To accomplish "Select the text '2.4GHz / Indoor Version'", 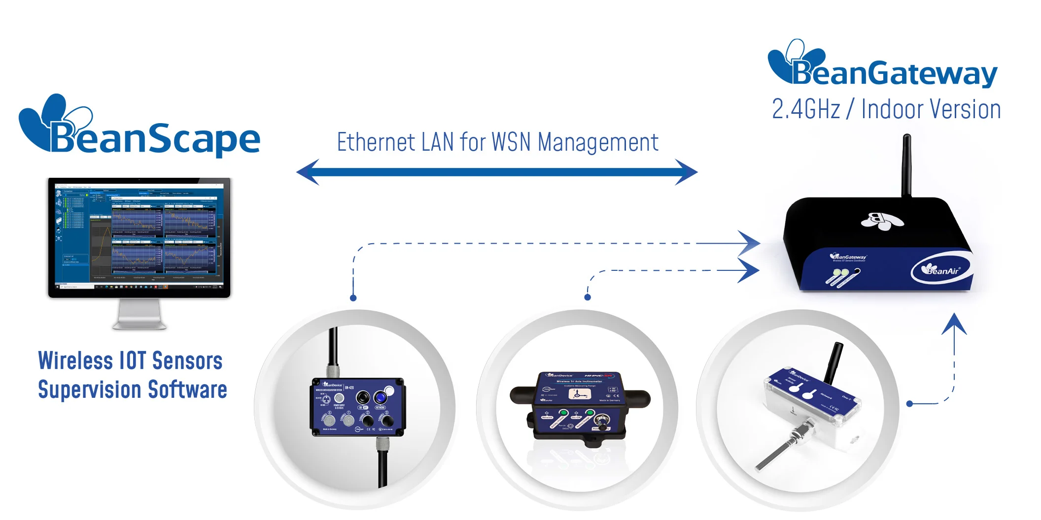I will (x=886, y=109).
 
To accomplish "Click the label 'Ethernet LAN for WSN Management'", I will (x=497, y=143).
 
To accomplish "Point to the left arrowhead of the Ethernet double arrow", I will (x=308, y=172).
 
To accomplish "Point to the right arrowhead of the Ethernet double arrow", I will (x=686, y=172).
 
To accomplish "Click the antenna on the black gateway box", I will (x=906, y=165).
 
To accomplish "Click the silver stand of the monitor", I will (x=139, y=315).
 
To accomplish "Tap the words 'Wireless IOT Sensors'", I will (x=130, y=361).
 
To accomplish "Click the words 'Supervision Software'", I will (x=132, y=390).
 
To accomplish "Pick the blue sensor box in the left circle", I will (x=358, y=407).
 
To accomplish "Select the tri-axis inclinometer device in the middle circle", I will (x=580, y=406).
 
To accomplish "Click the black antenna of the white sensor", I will (x=834, y=363).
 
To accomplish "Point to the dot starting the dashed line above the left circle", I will (x=353, y=298).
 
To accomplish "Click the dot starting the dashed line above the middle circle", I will (x=587, y=297).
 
